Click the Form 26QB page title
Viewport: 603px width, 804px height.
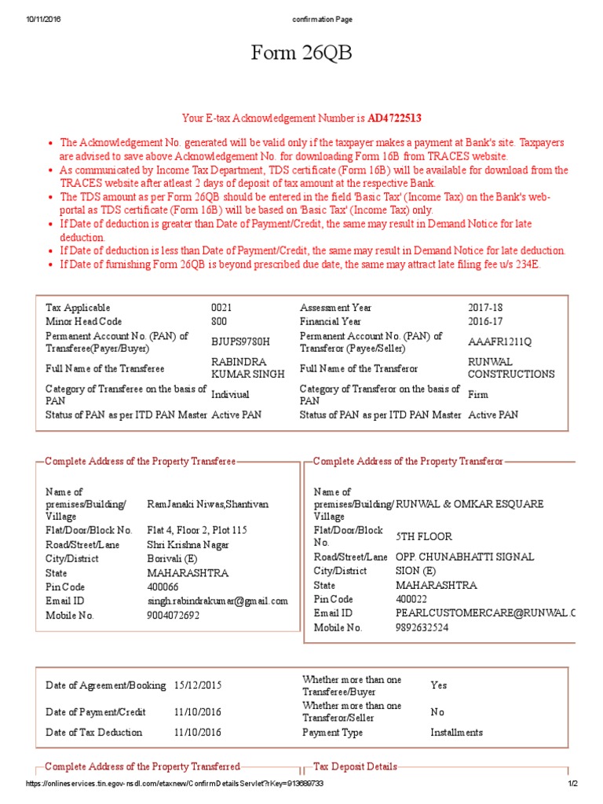(x=301, y=54)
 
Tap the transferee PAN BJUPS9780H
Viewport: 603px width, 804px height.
(x=240, y=342)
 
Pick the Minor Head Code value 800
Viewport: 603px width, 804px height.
(x=220, y=321)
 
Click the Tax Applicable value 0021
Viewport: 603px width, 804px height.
(x=222, y=308)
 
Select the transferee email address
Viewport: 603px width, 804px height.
(x=217, y=601)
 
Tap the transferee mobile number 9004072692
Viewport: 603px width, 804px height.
(x=174, y=616)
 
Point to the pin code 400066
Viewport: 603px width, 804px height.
(x=163, y=587)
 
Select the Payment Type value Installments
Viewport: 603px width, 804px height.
(x=456, y=733)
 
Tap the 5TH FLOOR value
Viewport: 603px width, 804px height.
(x=424, y=536)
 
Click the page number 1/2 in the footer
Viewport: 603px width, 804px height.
(x=573, y=784)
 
